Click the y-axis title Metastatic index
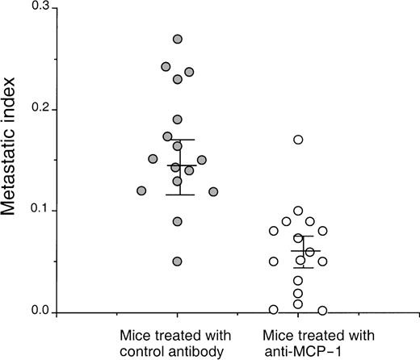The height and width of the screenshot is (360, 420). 18,158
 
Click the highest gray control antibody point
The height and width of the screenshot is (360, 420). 178,39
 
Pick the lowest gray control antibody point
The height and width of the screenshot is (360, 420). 178,262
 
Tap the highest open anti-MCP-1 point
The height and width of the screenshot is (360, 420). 298,140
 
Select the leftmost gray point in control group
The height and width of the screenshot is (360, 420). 141,190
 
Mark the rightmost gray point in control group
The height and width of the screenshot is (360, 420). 213,191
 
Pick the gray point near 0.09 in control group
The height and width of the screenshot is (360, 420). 178,221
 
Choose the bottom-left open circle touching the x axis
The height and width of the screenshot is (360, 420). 274,309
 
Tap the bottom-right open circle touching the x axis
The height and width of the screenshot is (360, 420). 323,310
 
